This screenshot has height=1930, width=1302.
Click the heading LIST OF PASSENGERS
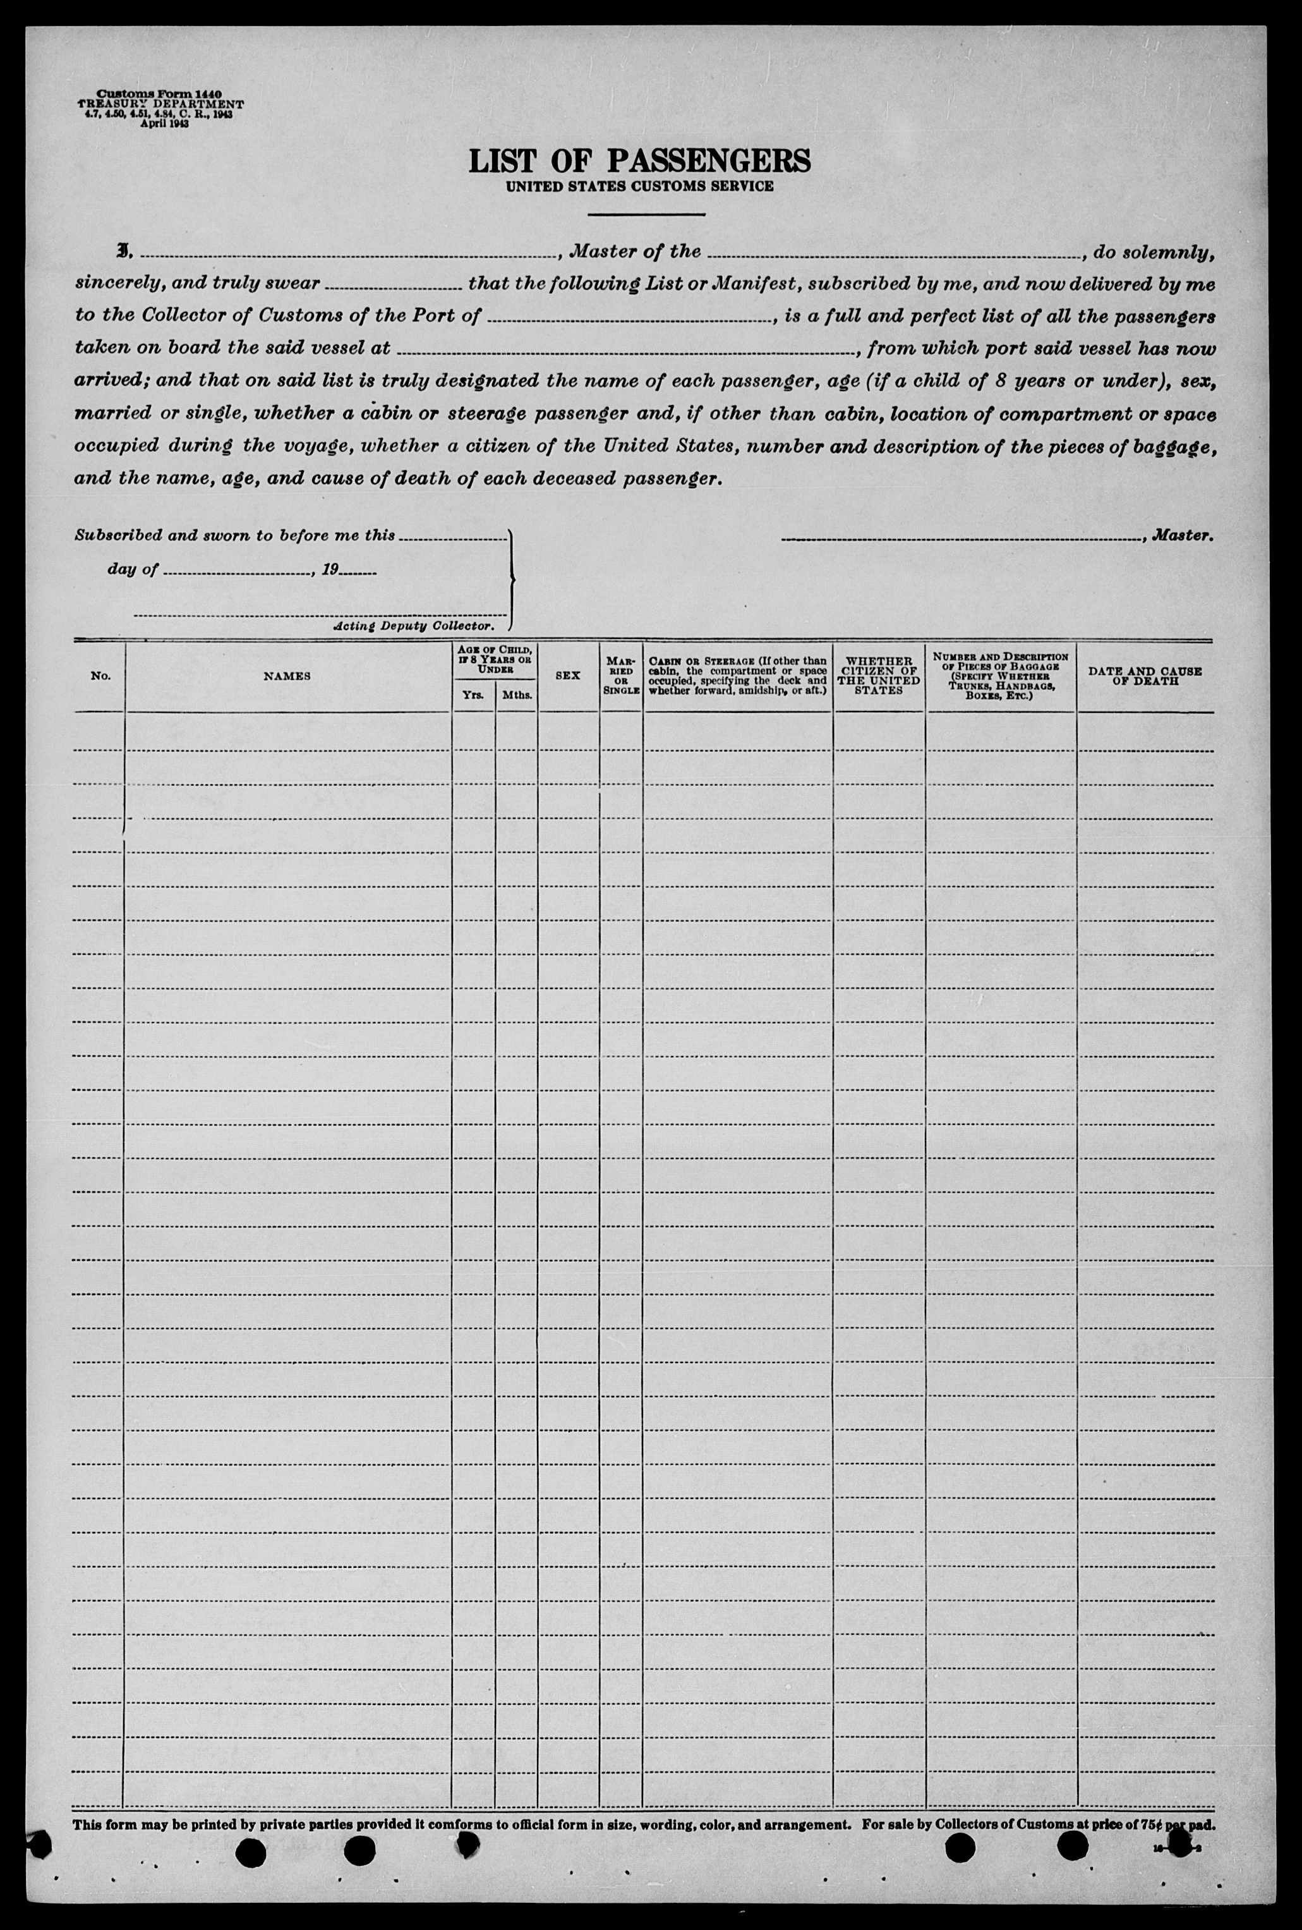(639, 161)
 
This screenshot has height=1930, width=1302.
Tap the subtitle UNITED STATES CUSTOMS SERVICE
(639, 187)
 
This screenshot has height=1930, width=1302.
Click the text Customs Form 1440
(159, 95)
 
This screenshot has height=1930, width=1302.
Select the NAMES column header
(287, 676)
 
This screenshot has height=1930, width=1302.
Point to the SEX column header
(568, 676)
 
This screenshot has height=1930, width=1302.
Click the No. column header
(100, 676)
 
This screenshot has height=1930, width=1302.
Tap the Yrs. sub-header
(473, 695)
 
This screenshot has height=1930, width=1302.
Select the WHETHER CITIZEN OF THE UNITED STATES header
(879, 676)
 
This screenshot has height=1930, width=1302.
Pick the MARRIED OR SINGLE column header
(620, 676)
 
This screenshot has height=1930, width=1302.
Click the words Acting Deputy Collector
(413, 626)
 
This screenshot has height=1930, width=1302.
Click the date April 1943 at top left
(159, 123)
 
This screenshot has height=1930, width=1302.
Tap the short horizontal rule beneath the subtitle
(646, 215)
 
